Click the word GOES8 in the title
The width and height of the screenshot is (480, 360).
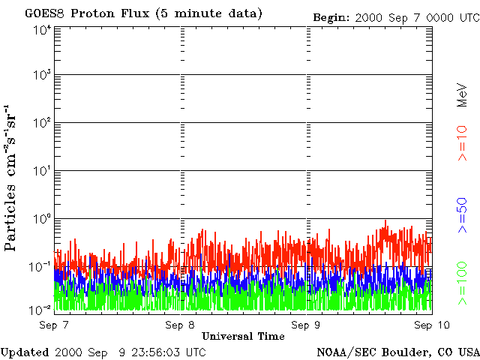point(45,13)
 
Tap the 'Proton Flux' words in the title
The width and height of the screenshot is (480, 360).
point(110,13)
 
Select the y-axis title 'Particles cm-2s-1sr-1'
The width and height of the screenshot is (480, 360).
point(10,178)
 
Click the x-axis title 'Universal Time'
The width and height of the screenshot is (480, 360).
point(243,337)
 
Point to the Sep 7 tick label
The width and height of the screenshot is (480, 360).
point(54,325)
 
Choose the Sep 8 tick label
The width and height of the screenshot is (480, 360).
point(180,325)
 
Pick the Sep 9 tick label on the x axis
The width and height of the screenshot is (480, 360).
point(305,325)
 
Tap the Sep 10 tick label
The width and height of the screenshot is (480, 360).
point(432,325)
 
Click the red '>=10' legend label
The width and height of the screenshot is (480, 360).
point(462,143)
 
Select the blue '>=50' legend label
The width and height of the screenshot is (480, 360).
point(462,215)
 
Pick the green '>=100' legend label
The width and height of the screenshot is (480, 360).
point(462,283)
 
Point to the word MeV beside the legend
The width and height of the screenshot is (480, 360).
point(462,94)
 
